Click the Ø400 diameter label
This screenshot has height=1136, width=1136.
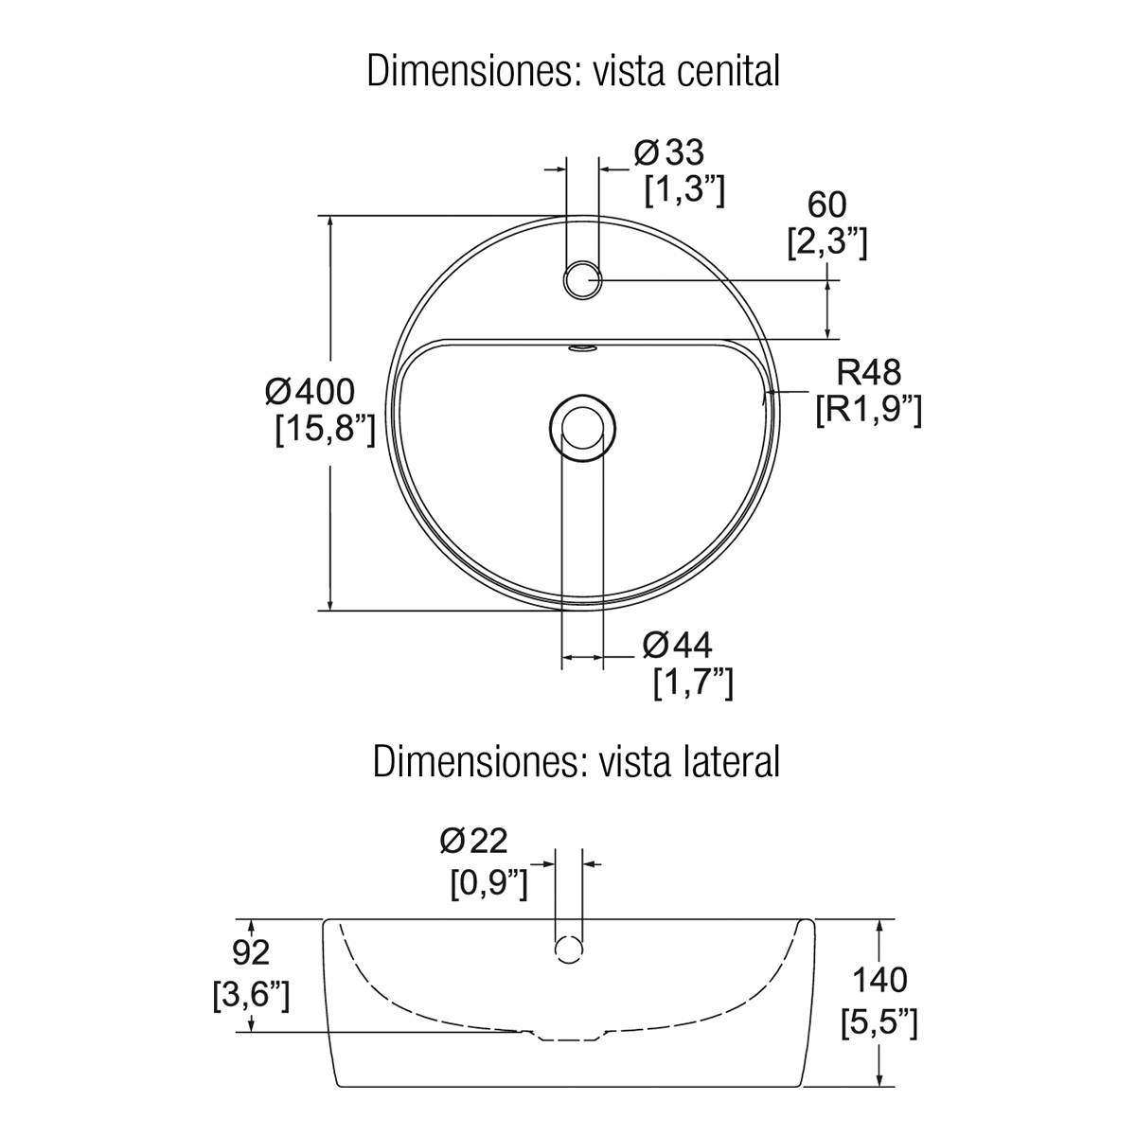click(x=311, y=391)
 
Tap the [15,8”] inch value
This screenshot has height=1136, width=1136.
click(x=326, y=429)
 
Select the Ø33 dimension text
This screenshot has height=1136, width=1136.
click(x=669, y=152)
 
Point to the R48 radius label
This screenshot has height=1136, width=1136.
click(x=869, y=373)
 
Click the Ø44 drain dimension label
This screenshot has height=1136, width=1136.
click(x=678, y=645)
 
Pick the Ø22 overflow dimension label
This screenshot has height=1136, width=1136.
click(x=473, y=842)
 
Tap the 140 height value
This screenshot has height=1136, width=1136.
click(x=880, y=980)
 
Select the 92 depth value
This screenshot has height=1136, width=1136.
click(x=251, y=952)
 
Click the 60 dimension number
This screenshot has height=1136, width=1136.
click(x=827, y=205)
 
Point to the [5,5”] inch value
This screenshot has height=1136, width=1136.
click(x=879, y=1023)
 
